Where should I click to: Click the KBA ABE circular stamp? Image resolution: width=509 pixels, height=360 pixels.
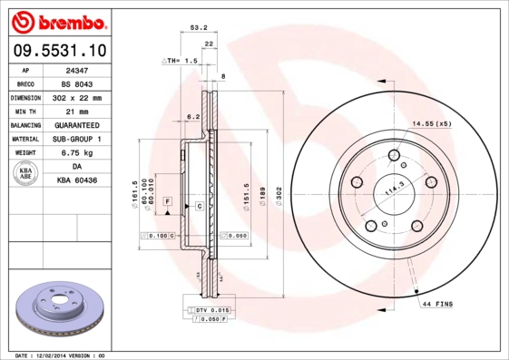click(x=26, y=174)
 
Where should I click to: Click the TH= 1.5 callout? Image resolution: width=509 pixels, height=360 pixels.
click(x=181, y=60)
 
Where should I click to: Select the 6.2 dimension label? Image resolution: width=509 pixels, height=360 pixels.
click(x=192, y=117)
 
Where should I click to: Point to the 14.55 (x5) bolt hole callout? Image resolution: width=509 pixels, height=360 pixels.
click(x=432, y=122)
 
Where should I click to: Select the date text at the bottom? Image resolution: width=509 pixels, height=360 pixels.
click(x=61, y=355)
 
